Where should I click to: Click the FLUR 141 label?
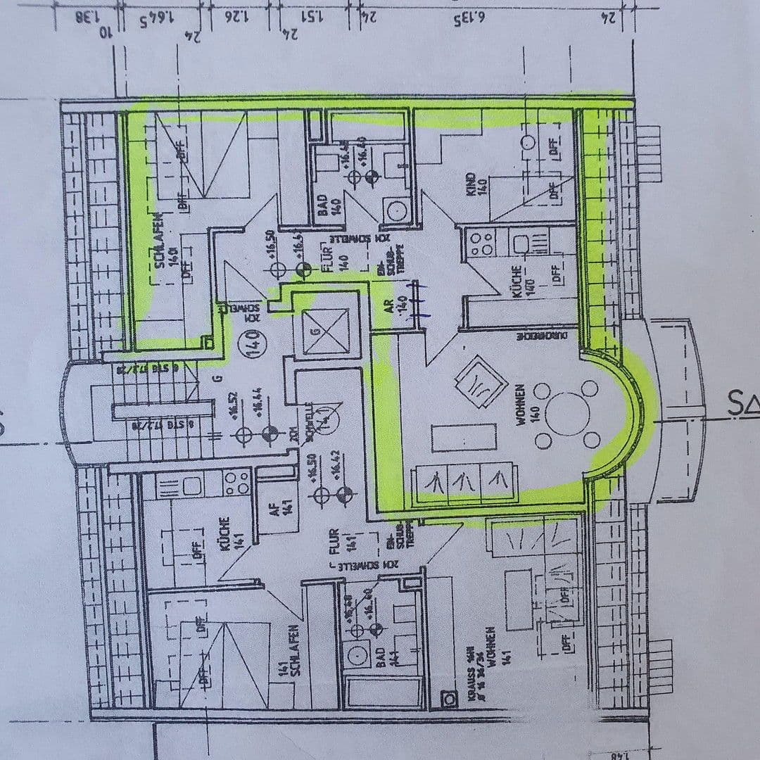pyautogui.click(x=354, y=540)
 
